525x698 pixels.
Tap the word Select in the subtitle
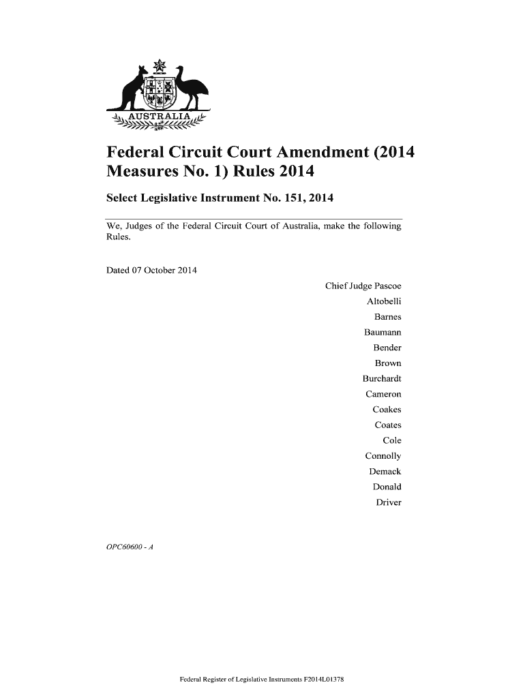coord(126,198)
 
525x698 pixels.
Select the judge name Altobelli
coord(384,301)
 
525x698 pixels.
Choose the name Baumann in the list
coord(382,333)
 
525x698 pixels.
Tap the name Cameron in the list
coord(383,395)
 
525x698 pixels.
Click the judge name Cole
coord(392,440)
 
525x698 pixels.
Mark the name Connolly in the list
coord(383,456)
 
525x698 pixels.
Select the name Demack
coord(385,472)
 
